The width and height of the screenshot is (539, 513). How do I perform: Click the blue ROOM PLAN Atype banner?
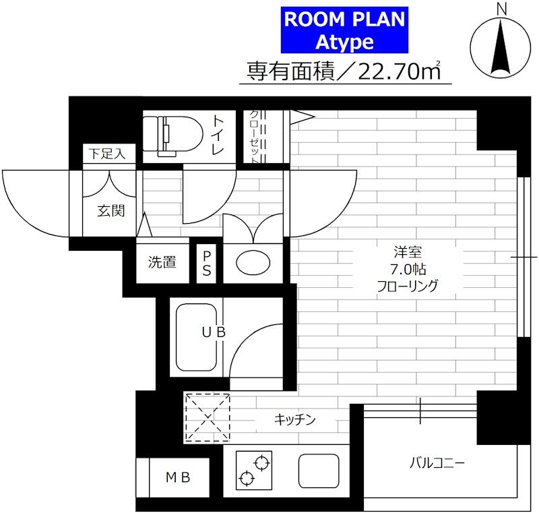click(x=344, y=30)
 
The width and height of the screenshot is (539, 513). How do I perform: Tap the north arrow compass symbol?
click(x=500, y=47)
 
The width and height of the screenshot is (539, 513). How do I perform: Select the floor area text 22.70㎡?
click(x=400, y=71)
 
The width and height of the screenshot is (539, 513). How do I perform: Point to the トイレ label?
click(x=218, y=134)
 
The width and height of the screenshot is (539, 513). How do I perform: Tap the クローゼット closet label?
click(x=254, y=136)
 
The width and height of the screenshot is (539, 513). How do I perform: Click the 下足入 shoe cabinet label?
click(x=107, y=154)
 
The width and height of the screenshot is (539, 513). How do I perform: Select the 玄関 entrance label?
click(x=110, y=211)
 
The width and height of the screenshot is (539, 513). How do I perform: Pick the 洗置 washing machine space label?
click(x=162, y=262)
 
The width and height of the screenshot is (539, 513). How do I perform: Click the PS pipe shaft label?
click(x=207, y=264)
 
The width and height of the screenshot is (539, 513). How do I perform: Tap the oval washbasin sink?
click(x=253, y=263)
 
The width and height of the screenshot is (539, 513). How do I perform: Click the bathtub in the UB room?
click(x=196, y=337)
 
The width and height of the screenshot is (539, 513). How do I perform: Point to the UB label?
click(x=214, y=332)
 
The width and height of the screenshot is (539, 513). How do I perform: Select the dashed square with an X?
click(x=208, y=417)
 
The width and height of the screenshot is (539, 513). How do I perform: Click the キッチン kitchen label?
click(x=294, y=419)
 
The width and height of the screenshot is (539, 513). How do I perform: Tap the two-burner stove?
click(x=254, y=470)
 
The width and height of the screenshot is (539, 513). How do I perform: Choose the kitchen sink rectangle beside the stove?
click(x=319, y=471)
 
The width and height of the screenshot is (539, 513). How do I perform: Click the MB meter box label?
click(x=178, y=477)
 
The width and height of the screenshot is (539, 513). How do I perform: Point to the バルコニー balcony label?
click(x=437, y=463)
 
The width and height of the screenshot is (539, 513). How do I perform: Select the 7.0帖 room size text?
click(x=408, y=269)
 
